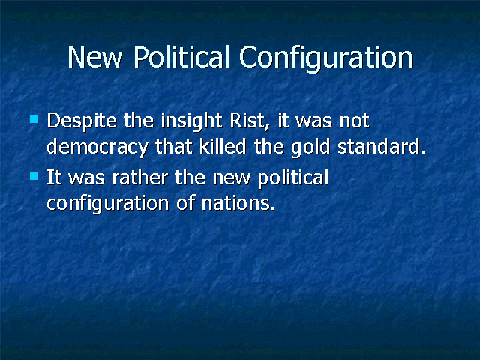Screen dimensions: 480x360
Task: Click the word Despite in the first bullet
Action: [x=82, y=121]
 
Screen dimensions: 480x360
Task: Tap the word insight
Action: [x=192, y=121]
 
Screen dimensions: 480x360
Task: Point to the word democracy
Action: [x=97, y=148]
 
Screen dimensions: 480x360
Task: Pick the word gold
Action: [x=310, y=148]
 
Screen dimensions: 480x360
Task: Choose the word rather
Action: [x=140, y=178]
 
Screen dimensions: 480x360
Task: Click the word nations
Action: [x=238, y=203]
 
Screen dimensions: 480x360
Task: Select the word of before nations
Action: [x=185, y=202]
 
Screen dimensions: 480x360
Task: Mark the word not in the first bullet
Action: [x=355, y=121]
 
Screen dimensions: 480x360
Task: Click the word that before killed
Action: [x=174, y=147]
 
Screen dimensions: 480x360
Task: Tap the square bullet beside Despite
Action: [x=34, y=119]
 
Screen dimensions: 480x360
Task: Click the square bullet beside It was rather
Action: [x=34, y=176]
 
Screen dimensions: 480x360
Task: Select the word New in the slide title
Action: [x=95, y=58]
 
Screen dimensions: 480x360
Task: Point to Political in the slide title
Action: [x=181, y=57]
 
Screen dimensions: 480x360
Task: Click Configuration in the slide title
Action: [x=326, y=58]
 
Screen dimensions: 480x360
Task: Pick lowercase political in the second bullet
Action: [x=293, y=178]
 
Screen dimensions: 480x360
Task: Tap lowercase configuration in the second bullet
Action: [x=108, y=204]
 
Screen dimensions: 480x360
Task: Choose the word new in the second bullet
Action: [x=232, y=178]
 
